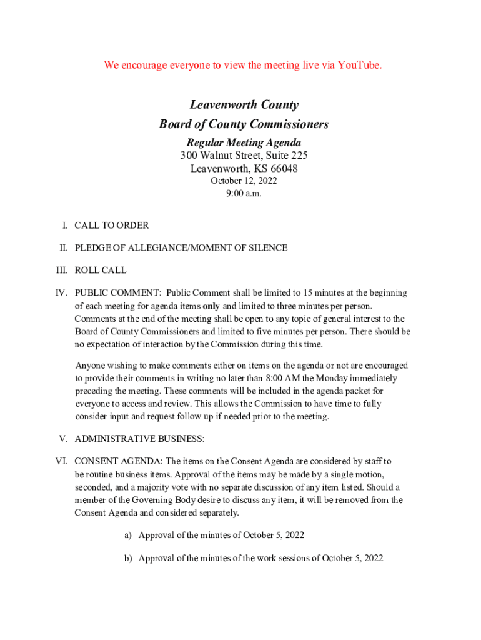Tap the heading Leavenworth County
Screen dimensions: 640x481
pos(244,105)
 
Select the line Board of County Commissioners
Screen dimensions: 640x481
pos(244,124)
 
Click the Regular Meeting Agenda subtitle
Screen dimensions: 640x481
pos(244,143)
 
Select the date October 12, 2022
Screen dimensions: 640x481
pos(244,181)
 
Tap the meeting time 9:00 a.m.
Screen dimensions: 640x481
pos(244,193)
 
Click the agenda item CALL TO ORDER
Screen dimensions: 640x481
pos(112,225)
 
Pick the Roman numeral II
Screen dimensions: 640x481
pos(64,247)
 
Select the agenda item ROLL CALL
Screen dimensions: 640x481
pos(101,270)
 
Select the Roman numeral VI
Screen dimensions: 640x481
pos(61,461)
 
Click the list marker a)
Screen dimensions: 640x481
pos(128,535)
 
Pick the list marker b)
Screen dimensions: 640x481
pos(128,557)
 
